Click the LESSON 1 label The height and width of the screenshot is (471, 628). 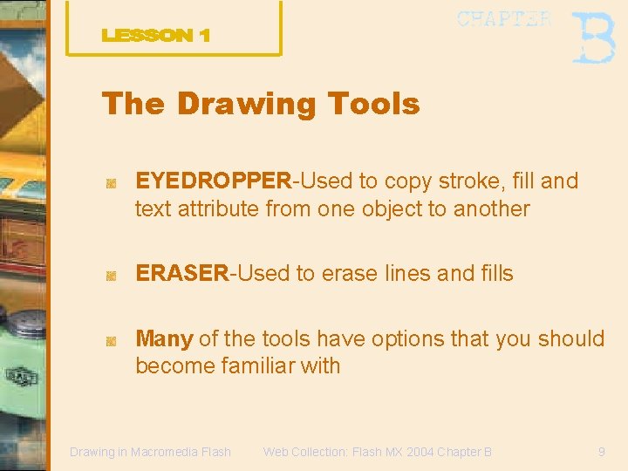pos(156,36)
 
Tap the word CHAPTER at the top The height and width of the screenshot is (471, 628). pos(504,19)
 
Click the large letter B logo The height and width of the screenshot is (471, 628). pos(593,38)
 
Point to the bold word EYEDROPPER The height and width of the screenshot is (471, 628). pos(213,181)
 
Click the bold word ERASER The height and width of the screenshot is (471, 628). pos(181,273)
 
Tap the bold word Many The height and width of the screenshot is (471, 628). pos(164,338)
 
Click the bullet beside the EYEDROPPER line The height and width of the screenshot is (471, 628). pos(111,183)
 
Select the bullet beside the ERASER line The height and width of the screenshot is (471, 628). pos(111,276)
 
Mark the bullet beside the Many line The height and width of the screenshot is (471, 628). pos(111,341)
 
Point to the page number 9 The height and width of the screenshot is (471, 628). pos(601,452)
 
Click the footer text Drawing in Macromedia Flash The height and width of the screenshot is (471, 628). pos(150,452)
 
